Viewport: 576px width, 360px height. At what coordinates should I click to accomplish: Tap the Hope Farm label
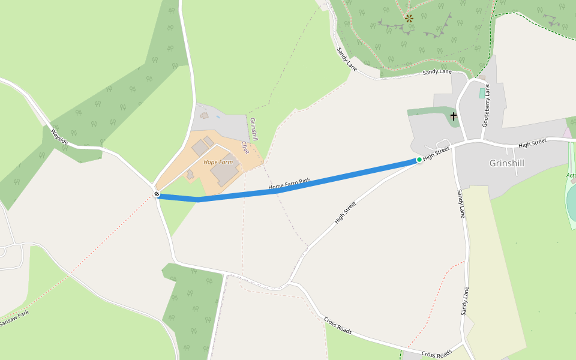pos(218,162)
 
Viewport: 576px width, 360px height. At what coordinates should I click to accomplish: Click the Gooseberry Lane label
pos(486,105)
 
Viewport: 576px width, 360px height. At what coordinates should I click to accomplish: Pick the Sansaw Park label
pos(14,319)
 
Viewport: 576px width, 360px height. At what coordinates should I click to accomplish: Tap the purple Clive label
pos(245,148)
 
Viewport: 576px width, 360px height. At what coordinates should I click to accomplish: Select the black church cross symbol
pos(454,116)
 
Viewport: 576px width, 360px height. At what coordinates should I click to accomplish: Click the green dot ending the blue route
pos(419,160)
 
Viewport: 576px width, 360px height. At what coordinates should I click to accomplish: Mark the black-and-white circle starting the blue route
pos(157,194)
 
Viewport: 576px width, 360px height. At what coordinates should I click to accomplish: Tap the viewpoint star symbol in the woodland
pos(409,19)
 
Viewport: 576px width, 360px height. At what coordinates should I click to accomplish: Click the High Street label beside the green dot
pos(436,154)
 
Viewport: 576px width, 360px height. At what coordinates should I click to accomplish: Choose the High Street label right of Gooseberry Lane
pos(532,143)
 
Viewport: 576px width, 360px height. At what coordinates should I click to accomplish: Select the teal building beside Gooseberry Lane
pos(482,93)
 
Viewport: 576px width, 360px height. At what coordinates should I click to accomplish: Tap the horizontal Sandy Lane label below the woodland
pos(437,72)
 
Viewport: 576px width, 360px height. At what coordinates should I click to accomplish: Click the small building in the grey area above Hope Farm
pos(204,115)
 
